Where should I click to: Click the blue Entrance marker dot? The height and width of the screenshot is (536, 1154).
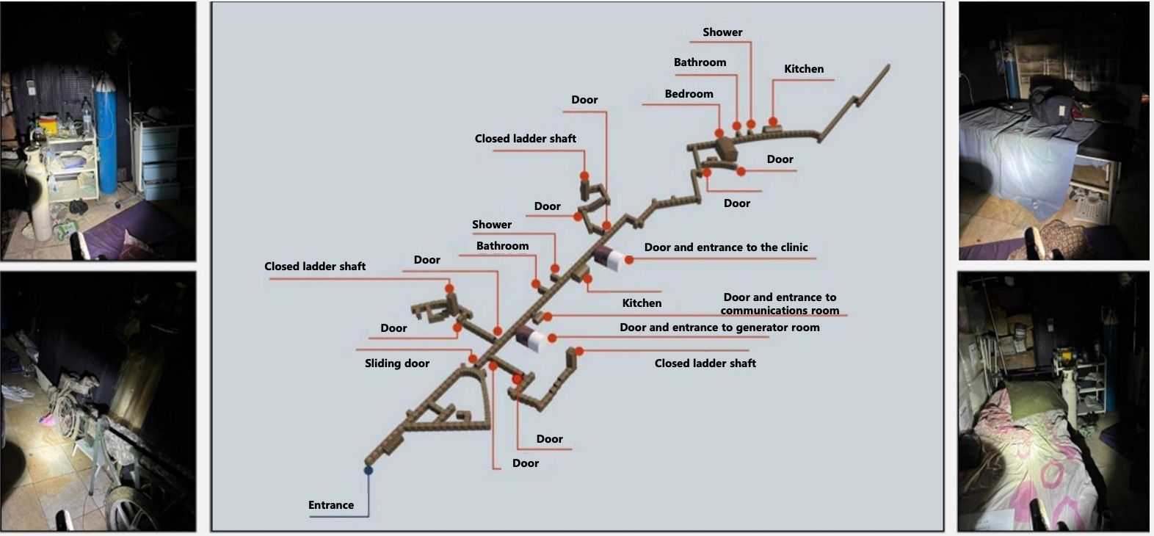369,470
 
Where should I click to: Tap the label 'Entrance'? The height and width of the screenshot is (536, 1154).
331,505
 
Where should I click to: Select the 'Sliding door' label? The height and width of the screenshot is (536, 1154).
396,363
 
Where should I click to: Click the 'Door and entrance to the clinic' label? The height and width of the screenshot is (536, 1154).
726,247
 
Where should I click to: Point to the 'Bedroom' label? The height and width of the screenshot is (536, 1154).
689,94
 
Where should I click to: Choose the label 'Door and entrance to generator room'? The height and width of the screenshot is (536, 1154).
719,327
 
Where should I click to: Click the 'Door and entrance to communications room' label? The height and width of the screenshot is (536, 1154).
780,303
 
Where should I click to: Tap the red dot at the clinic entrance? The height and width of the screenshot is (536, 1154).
629,260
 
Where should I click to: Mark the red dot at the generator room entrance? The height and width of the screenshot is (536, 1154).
552,338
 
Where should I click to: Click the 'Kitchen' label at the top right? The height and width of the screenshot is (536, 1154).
804,69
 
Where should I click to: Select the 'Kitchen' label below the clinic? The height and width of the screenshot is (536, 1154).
642,303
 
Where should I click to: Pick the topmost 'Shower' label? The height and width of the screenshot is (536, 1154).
722,32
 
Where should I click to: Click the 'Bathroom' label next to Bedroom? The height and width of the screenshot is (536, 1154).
700,62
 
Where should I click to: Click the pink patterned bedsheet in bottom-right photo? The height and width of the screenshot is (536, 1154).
1036,464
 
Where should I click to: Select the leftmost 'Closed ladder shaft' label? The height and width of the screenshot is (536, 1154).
315,267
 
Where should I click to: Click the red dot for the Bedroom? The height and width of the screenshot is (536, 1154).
719,133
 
